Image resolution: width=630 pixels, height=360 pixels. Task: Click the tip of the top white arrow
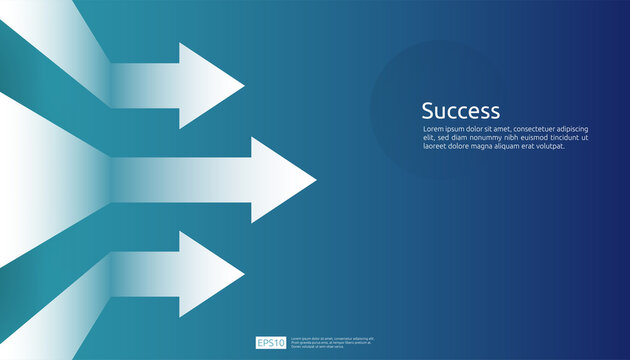coord(242,86)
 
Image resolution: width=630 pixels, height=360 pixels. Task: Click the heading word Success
coord(460,111)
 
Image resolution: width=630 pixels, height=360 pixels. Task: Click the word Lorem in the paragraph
coord(433,129)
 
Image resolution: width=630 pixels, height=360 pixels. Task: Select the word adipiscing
coord(594,129)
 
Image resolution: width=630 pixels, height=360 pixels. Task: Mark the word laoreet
coord(436,146)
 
